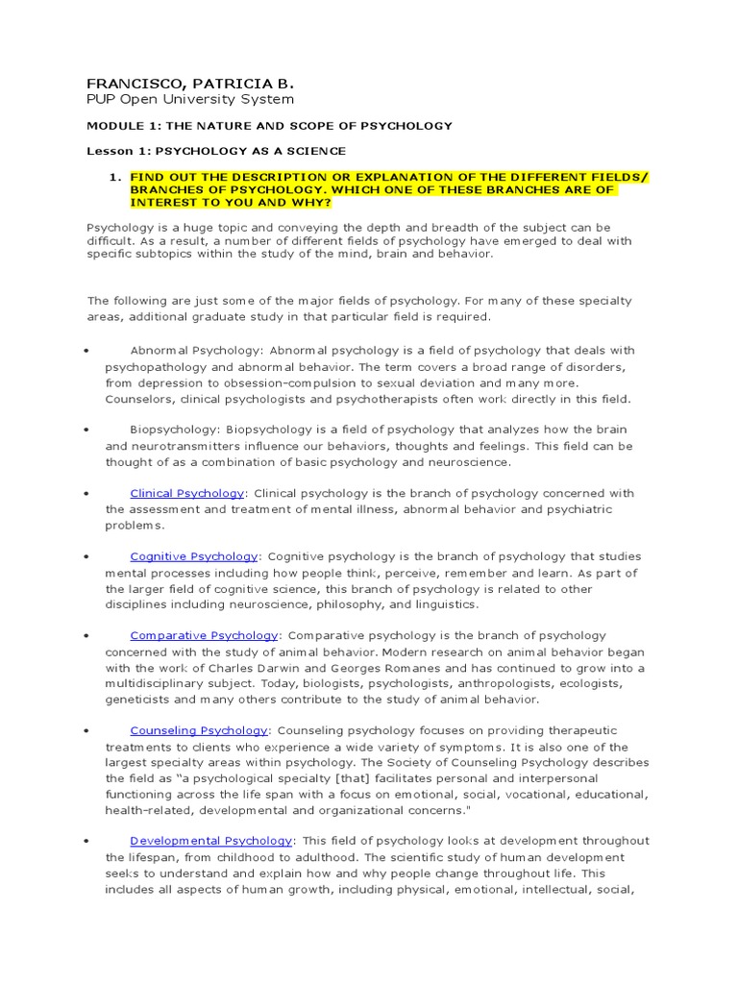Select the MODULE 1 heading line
tap(269, 126)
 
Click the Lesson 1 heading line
tap(216, 151)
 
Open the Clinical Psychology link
tap(187, 493)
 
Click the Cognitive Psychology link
tap(194, 556)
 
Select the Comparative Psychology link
tap(204, 635)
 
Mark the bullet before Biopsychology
tap(86, 430)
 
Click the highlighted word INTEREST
tap(160, 203)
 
